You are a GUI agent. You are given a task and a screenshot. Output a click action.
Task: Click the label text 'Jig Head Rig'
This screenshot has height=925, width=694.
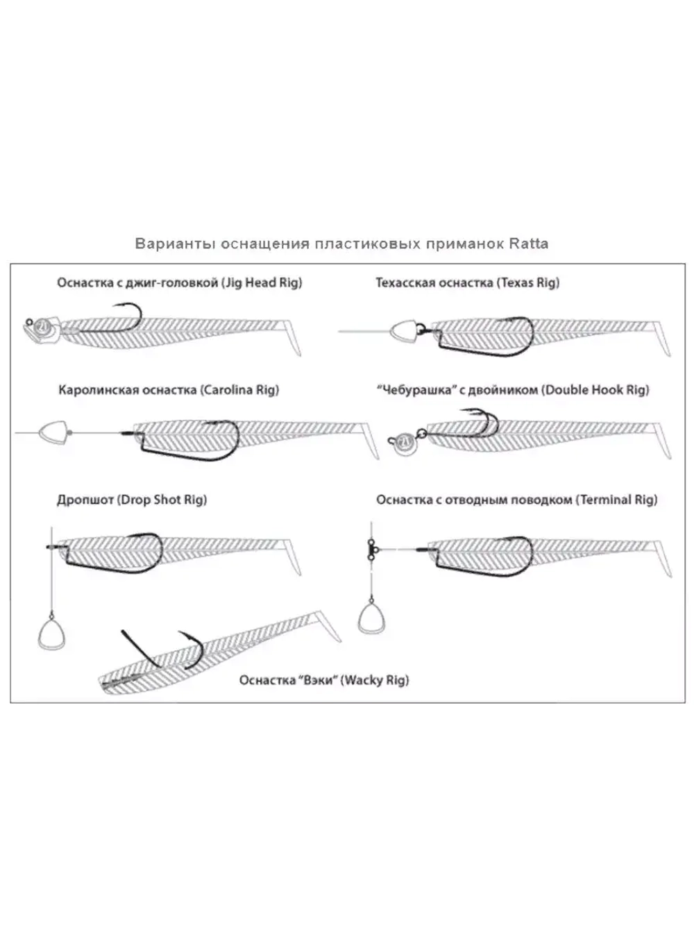(262, 283)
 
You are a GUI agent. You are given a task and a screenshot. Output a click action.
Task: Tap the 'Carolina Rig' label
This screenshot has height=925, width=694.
(239, 390)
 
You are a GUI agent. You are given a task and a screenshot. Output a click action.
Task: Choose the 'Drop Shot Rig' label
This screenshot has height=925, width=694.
(162, 500)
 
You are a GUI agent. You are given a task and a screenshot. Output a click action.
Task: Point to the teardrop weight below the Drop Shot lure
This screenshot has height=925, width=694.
(50, 633)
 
